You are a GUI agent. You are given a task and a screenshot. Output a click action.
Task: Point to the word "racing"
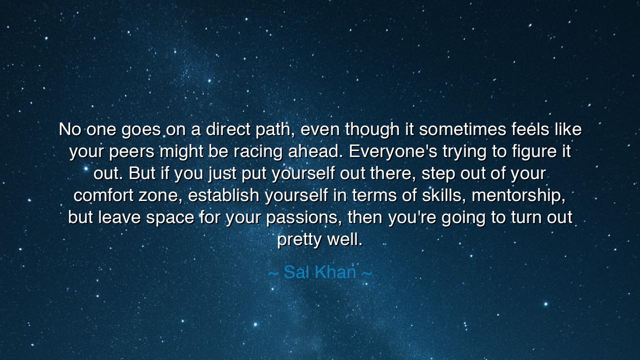[x=260, y=151]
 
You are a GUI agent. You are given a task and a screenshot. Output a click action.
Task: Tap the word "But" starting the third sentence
[x=142, y=173]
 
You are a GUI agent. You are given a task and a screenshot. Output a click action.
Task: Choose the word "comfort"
[x=104, y=195]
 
